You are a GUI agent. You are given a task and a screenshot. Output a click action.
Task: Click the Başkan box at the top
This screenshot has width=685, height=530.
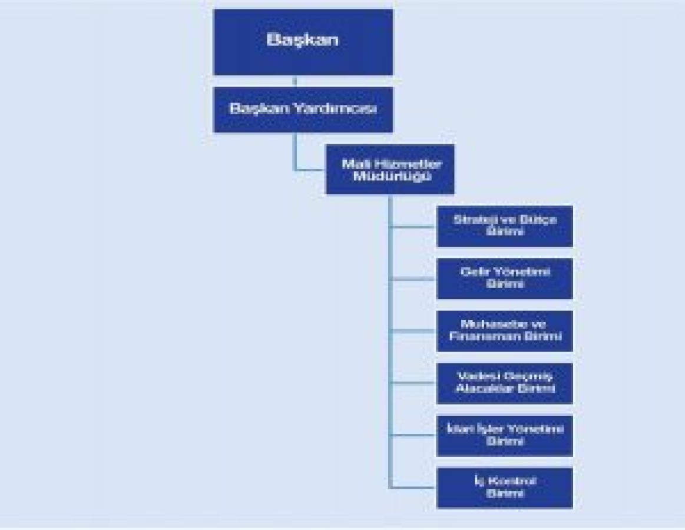tap(303, 42)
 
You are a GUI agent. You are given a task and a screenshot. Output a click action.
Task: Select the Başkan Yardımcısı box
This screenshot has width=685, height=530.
tap(303, 110)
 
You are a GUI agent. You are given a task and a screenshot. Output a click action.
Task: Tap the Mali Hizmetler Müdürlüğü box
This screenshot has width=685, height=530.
tap(390, 170)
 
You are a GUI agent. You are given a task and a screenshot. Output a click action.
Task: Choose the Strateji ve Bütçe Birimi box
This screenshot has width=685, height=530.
tap(504, 226)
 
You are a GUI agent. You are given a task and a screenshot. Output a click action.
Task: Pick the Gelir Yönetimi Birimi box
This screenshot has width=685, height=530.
tap(504, 279)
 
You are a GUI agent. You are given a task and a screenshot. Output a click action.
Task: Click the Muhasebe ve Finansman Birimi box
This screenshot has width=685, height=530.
tap(504, 331)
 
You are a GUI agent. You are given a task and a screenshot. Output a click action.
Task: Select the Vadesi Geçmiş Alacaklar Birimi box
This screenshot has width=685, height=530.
tap(504, 383)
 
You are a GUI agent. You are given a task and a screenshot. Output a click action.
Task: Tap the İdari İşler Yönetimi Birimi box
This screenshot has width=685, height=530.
tap(504, 436)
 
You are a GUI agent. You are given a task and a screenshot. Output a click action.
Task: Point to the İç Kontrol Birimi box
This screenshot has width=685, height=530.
tap(504, 488)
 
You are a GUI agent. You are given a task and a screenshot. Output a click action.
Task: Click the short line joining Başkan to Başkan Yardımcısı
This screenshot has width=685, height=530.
tap(295, 81)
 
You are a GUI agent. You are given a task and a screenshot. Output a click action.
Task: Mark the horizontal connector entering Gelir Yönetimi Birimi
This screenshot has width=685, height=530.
tap(413, 279)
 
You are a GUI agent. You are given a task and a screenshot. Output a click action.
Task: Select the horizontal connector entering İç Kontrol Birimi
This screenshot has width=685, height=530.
tap(413, 487)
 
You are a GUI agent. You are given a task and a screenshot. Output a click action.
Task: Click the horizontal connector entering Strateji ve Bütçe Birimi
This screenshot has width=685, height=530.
tap(413, 226)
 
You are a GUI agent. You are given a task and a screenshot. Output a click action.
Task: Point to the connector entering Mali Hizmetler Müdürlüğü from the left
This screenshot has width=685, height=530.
tap(310, 170)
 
